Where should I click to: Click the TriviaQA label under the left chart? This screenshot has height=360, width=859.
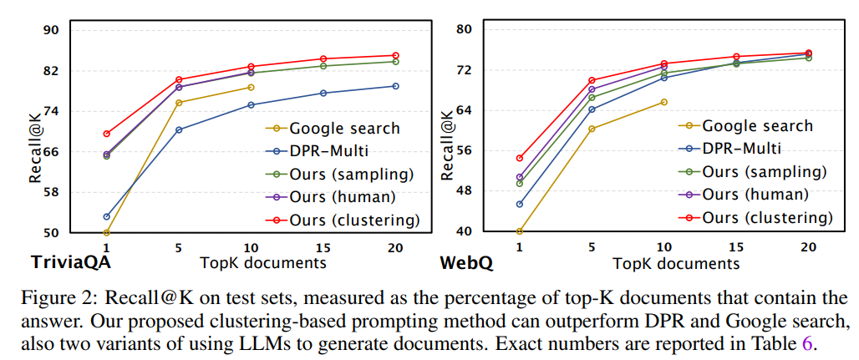[71, 262]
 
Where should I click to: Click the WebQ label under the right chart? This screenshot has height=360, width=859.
[466, 262]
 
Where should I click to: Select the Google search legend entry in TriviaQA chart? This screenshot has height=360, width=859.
[344, 129]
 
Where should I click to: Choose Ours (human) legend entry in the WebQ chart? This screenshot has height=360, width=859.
[755, 194]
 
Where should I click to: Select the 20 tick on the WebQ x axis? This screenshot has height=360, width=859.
[808, 247]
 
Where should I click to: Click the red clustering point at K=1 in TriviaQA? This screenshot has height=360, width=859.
[107, 134]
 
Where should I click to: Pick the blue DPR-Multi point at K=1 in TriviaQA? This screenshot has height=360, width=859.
[107, 216]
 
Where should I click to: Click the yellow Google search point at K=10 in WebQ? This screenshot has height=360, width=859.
[664, 102]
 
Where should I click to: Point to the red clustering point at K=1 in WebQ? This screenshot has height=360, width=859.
[520, 158]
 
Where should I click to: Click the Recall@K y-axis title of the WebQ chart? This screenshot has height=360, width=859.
[447, 146]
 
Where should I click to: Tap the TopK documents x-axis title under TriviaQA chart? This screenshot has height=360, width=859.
[263, 262]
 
